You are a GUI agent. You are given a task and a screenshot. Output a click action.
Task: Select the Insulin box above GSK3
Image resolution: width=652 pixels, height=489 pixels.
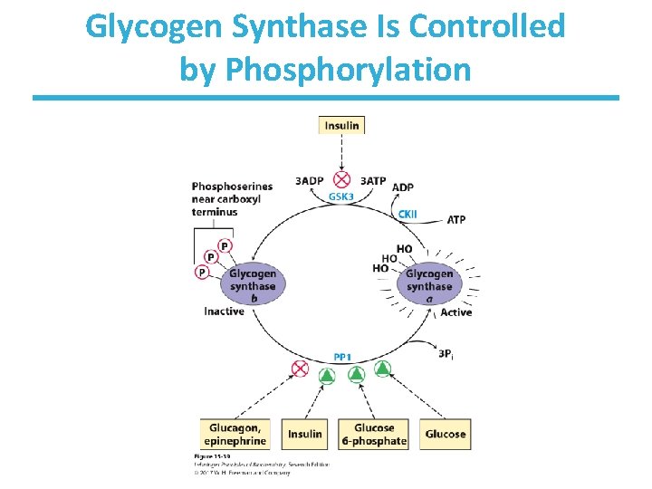coord(341,125)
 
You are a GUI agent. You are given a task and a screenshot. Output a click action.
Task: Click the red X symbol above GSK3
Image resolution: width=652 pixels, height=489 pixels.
coord(342,179)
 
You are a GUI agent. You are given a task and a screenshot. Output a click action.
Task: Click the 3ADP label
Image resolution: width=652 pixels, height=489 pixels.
coord(310,180)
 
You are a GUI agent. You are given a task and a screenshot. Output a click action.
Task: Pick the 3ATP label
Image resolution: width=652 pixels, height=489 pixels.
coord(373,180)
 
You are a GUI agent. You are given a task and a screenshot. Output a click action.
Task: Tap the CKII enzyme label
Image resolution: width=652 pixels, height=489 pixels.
coord(408,214)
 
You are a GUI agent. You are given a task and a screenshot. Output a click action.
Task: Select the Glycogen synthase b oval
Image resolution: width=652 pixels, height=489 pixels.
coord(253,286)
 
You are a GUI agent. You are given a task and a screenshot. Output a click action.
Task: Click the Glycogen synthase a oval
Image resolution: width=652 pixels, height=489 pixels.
coord(429,286)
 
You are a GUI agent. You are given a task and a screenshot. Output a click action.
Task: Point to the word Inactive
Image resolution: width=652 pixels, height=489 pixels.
coord(224,312)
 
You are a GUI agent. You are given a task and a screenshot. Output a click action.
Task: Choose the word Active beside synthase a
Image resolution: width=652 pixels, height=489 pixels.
coord(455,312)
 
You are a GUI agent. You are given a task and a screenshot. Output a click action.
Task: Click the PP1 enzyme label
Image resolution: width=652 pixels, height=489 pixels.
coord(342,357)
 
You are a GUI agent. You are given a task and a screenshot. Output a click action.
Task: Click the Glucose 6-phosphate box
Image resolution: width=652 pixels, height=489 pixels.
coord(374,434)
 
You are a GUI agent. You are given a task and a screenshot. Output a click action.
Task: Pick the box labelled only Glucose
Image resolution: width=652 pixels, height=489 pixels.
coord(445,434)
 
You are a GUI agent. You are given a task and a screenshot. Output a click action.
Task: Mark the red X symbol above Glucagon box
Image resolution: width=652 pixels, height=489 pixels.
coord(300,369)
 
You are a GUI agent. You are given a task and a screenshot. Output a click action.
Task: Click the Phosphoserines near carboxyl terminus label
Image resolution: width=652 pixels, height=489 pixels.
coord(219,199)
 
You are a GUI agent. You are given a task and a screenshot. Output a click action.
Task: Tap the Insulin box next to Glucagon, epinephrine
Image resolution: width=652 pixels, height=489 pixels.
coord(305,434)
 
